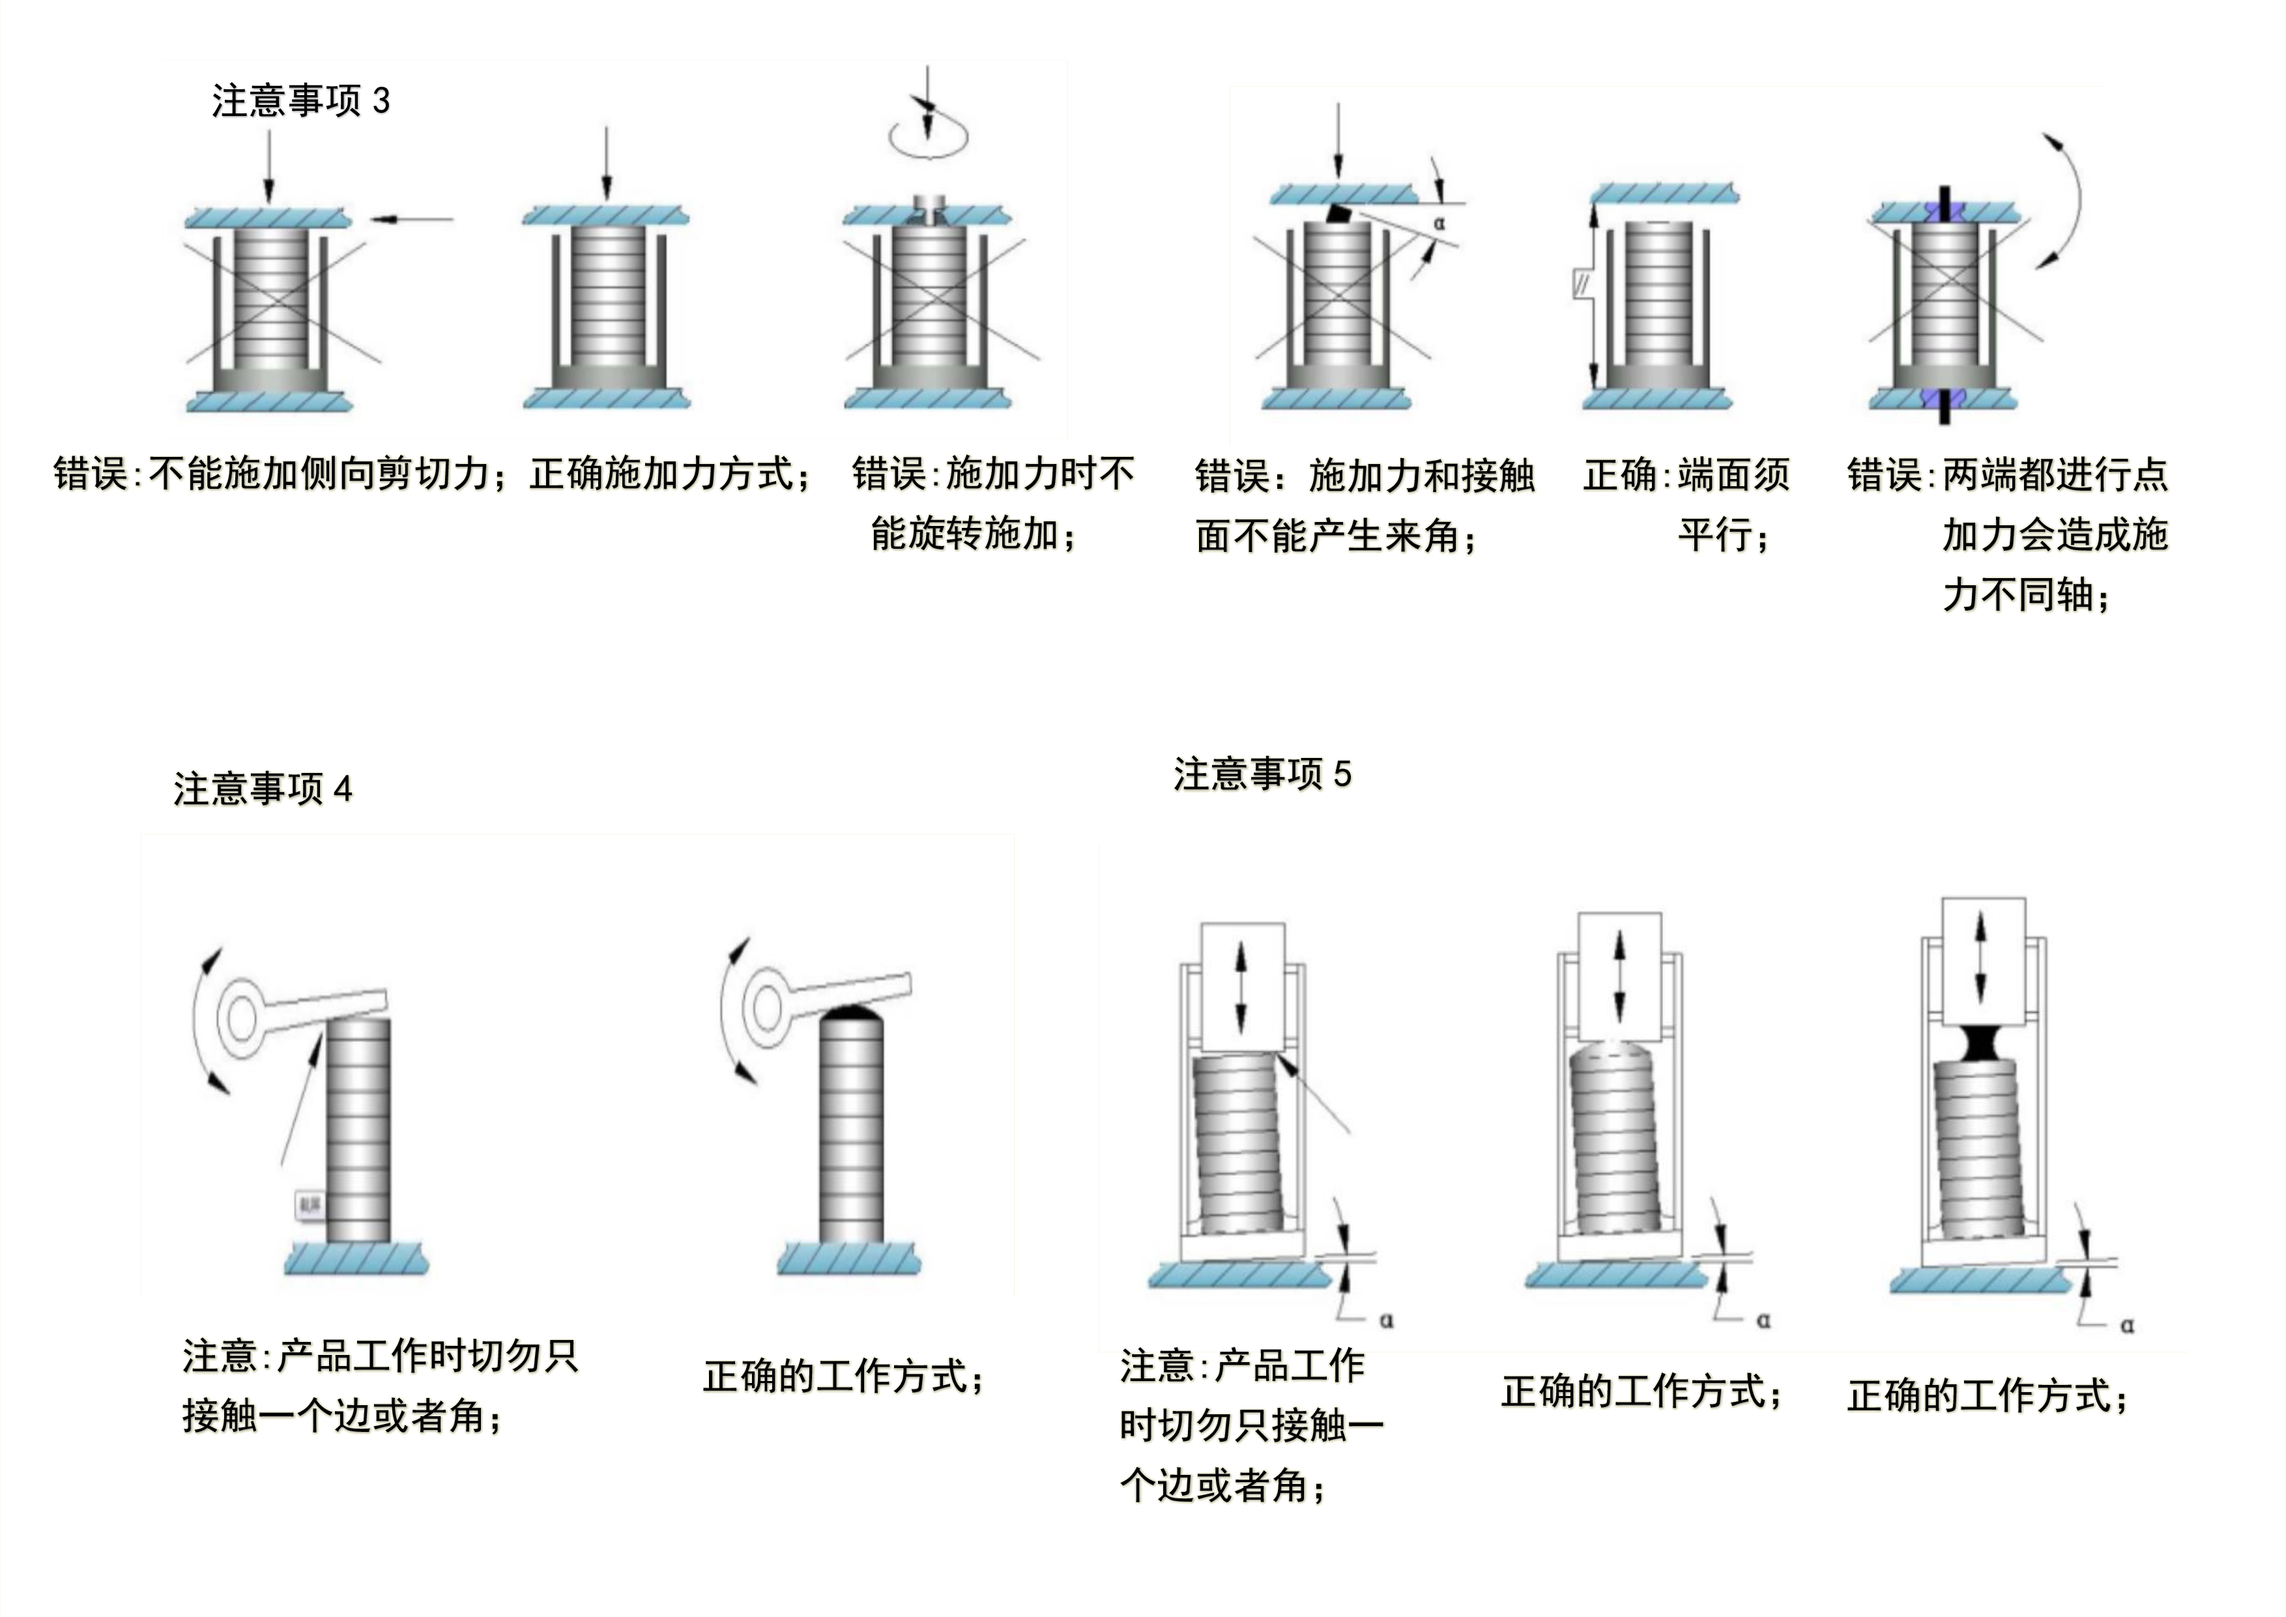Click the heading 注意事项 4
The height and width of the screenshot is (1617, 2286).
(x=263, y=789)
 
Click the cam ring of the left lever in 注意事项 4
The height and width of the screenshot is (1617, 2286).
(x=241, y=1019)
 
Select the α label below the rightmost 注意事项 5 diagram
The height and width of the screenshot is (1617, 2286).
(x=2127, y=1325)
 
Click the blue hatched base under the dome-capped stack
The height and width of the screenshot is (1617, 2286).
(x=848, y=1259)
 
